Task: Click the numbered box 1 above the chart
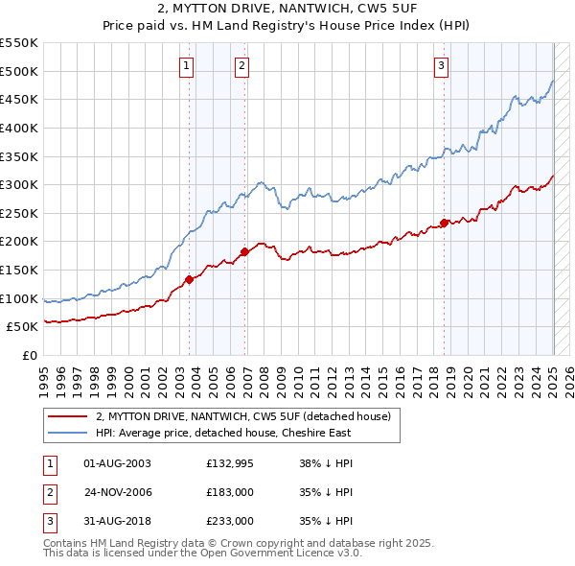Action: click(x=186, y=66)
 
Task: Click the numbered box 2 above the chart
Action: click(x=241, y=66)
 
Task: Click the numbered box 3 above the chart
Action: click(x=440, y=66)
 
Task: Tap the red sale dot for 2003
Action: click(x=189, y=279)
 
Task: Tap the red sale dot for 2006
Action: click(x=244, y=251)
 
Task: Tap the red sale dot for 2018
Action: click(x=444, y=223)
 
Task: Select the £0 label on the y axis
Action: click(x=29, y=355)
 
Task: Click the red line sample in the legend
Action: click(x=69, y=417)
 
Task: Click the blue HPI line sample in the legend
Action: click(x=69, y=433)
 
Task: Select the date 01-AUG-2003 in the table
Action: click(x=118, y=463)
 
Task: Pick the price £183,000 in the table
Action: click(x=229, y=492)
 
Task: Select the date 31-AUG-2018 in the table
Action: click(x=118, y=521)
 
